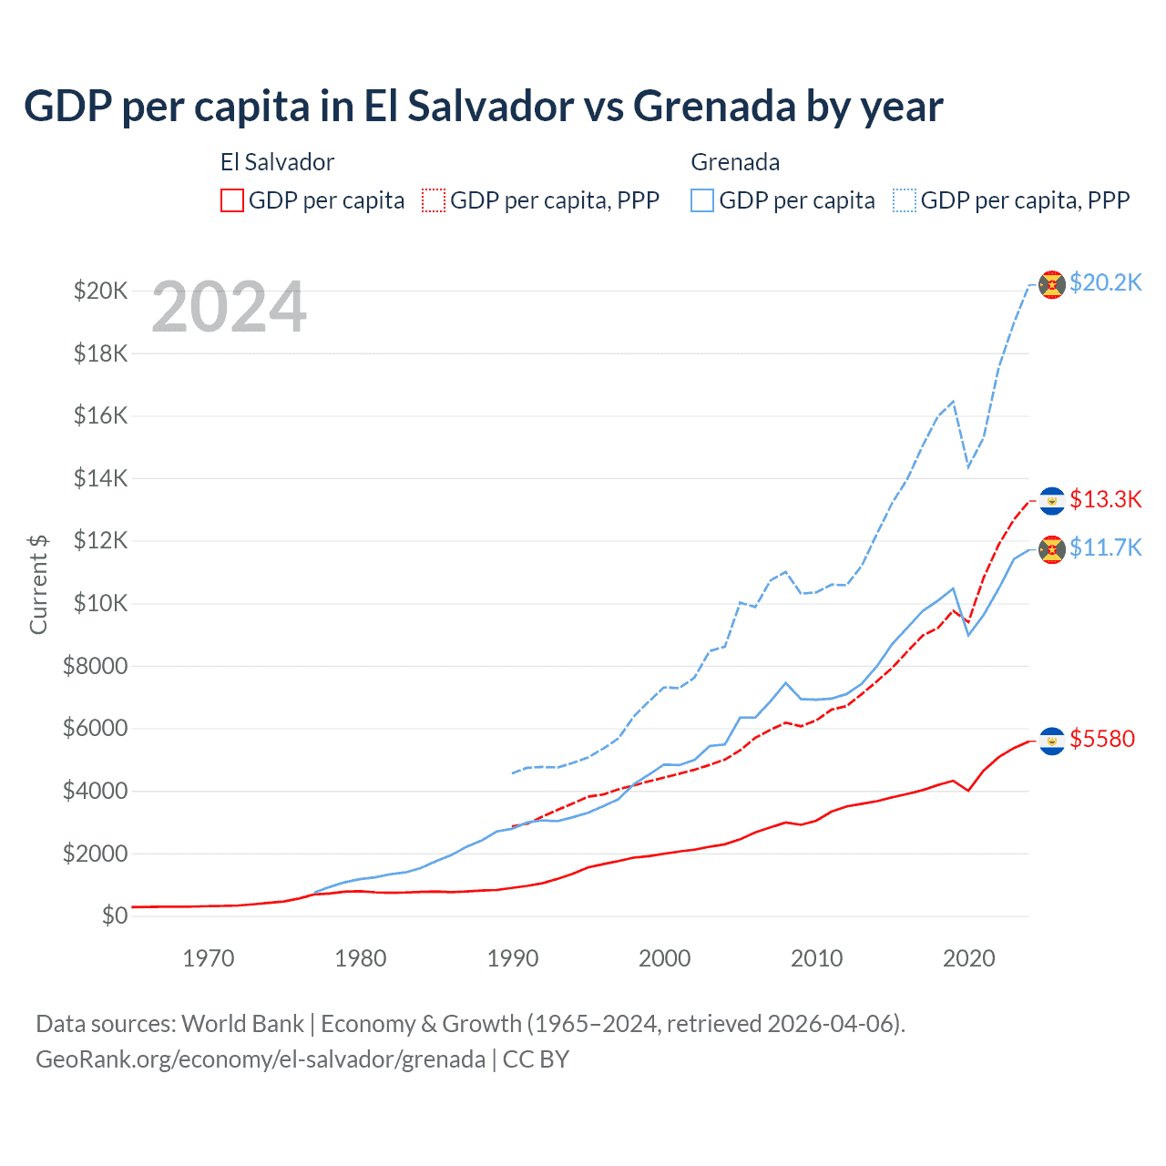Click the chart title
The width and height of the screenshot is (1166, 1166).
tap(483, 107)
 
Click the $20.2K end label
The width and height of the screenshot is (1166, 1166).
tap(1105, 282)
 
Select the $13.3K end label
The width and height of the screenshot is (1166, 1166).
tap(1105, 499)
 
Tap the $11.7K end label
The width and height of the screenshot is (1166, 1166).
tap(1105, 547)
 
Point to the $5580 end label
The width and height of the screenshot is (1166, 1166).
tap(1102, 739)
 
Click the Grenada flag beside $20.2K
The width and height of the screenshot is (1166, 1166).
tap(1052, 284)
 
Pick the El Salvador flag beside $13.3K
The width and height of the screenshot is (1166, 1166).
tap(1052, 501)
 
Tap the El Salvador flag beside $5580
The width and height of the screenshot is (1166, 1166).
tap(1052, 741)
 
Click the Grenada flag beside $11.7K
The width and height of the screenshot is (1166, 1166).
tap(1052, 549)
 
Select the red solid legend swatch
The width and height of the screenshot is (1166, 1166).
tap(232, 200)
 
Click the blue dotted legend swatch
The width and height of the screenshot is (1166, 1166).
tap(905, 200)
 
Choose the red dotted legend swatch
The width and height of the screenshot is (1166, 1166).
tap(435, 200)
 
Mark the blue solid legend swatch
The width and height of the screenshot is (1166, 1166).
tap(702, 200)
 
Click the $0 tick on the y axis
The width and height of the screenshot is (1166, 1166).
tap(114, 915)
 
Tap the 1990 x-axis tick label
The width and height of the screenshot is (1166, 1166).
tap(513, 958)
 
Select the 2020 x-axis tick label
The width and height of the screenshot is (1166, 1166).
tap(968, 958)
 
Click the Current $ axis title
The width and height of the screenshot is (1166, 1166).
tap(38, 584)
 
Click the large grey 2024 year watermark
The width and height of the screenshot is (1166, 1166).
tap(229, 308)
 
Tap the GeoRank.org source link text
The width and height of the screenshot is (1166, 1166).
tap(261, 1059)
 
